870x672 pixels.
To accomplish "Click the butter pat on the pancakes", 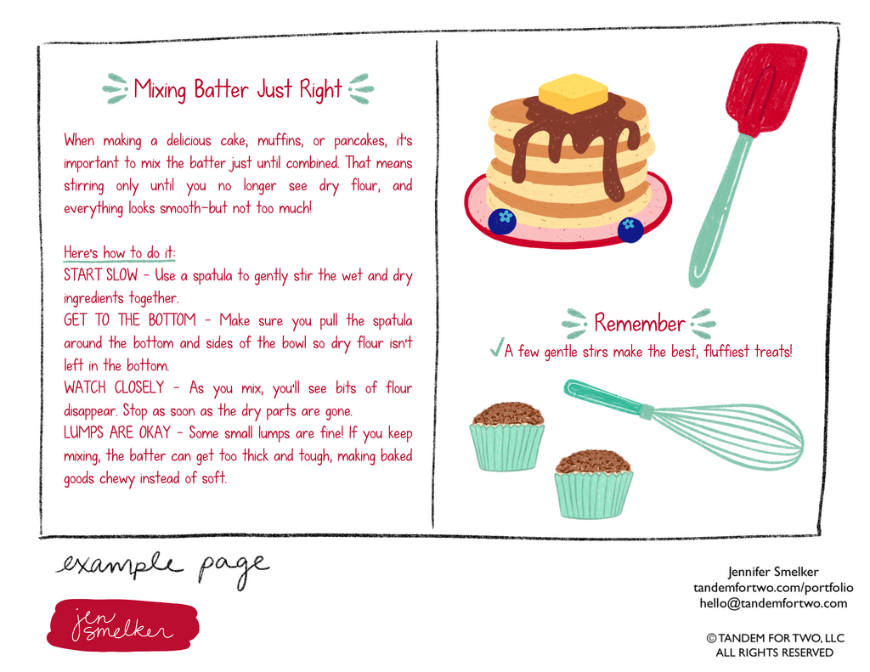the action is (573, 93).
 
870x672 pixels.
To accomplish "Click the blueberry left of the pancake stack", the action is (502, 221).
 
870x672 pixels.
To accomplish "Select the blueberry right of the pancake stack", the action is (630, 229).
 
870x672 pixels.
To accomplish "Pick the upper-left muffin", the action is (507, 437).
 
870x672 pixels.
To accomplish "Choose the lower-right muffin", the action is (593, 484).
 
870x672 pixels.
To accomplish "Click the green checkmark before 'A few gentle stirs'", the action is (496, 347).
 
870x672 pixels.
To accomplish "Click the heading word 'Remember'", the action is (639, 323).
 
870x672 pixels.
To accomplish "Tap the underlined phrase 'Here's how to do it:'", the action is (119, 252).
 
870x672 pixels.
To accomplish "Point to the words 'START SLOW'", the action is (100, 275).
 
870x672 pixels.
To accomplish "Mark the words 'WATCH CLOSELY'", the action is (114, 387).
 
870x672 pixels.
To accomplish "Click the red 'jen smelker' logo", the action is (122, 624).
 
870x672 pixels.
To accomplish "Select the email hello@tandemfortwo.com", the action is (773, 603).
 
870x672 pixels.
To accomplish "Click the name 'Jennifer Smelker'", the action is (773, 572).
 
